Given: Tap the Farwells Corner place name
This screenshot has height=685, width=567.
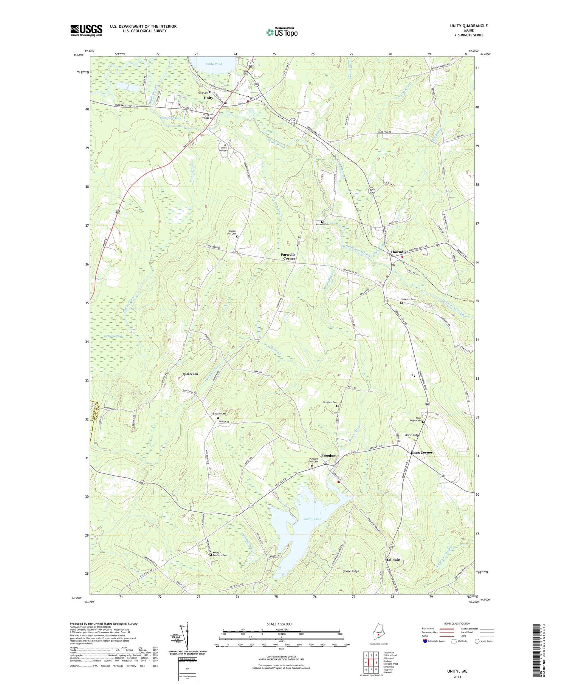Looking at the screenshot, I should [x=288, y=257].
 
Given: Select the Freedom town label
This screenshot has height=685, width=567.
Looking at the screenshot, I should [x=328, y=456].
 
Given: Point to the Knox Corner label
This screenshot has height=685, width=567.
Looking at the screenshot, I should [x=421, y=452].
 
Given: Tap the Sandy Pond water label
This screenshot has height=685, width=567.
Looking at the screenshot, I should [x=313, y=519].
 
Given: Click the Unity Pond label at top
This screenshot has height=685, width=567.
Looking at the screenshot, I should [x=214, y=64].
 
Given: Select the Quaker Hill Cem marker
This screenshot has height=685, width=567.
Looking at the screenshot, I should [x=237, y=237].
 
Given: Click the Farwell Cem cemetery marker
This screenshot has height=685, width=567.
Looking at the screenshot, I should [x=322, y=222].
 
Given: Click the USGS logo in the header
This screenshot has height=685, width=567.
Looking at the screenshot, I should [x=86, y=30].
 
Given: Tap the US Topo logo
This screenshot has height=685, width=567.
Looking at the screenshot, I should [x=282, y=32].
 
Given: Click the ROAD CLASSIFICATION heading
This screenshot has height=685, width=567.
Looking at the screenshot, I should [x=457, y=623].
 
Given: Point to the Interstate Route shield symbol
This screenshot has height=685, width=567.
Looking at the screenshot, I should [x=425, y=641].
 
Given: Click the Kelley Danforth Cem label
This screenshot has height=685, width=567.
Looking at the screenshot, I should [x=220, y=554].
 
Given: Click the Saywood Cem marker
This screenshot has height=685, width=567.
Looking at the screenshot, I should [x=401, y=303].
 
